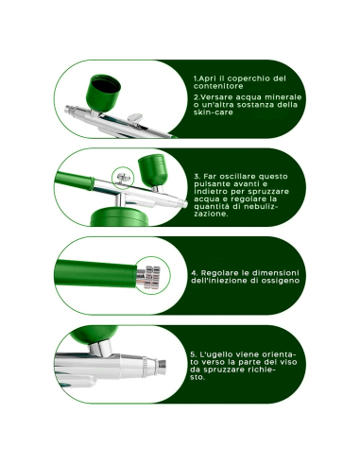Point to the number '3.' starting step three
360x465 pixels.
pyautogui.click(x=197, y=176)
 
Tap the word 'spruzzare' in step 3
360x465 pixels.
pyautogui.click(x=266, y=195)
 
